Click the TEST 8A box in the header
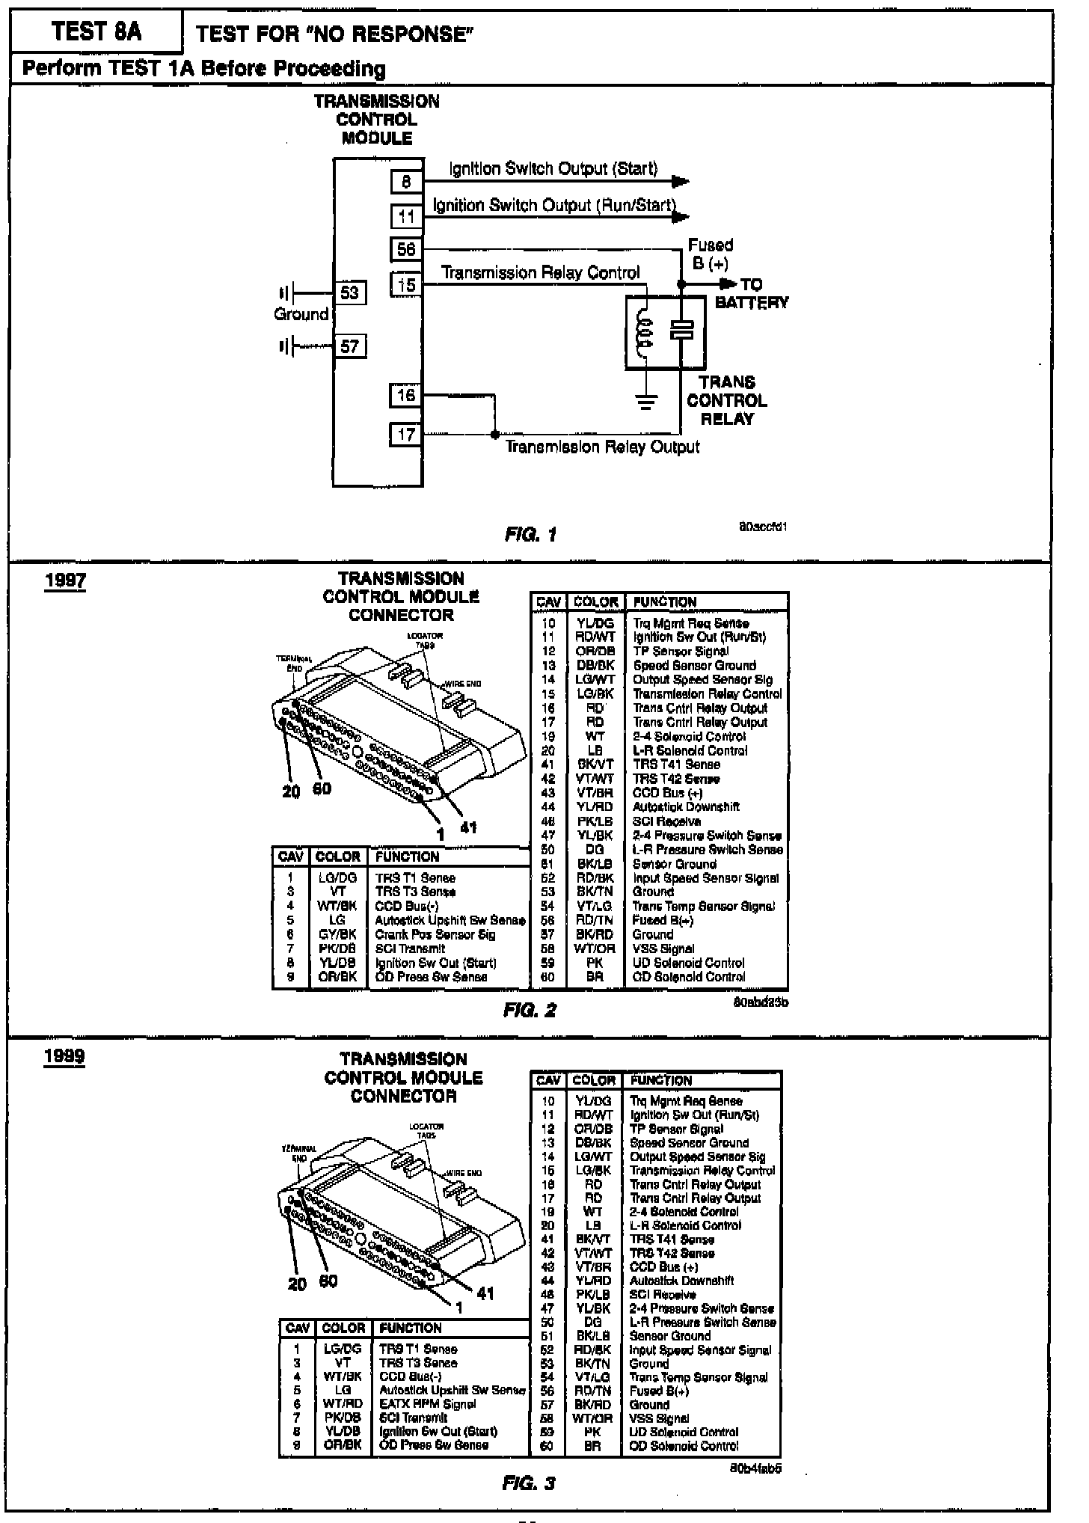(96, 31)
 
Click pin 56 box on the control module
(406, 249)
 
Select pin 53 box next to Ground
(349, 292)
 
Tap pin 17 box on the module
(406, 435)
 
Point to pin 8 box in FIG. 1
(406, 182)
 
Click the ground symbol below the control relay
(646, 402)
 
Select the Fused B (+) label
(710, 254)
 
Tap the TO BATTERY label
(751, 293)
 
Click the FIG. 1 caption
(530, 534)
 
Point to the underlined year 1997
(65, 581)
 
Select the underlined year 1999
(64, 1057)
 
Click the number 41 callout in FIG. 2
(468, 827)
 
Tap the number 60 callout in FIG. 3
(328, 1281)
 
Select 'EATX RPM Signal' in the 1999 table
(427, 1404)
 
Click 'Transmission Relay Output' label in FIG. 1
(602, 447)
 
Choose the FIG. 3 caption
(529, 1483)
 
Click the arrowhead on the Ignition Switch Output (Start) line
(680, 182)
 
